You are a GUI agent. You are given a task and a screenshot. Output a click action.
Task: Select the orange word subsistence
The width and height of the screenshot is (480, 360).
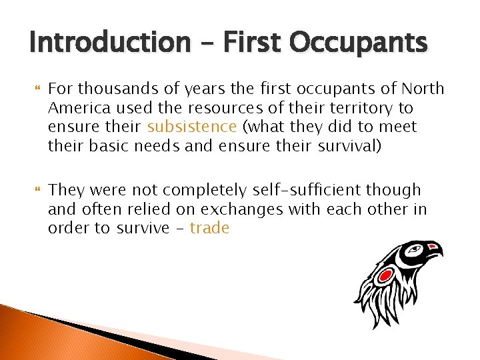coord(192,127)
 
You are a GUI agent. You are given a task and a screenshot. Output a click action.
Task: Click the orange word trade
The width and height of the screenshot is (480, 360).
coord(209,228)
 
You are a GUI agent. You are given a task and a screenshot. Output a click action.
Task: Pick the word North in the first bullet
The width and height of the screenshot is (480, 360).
coord(423,89)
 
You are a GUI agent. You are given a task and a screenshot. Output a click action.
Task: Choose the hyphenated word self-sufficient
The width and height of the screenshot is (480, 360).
coord(303,191)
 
